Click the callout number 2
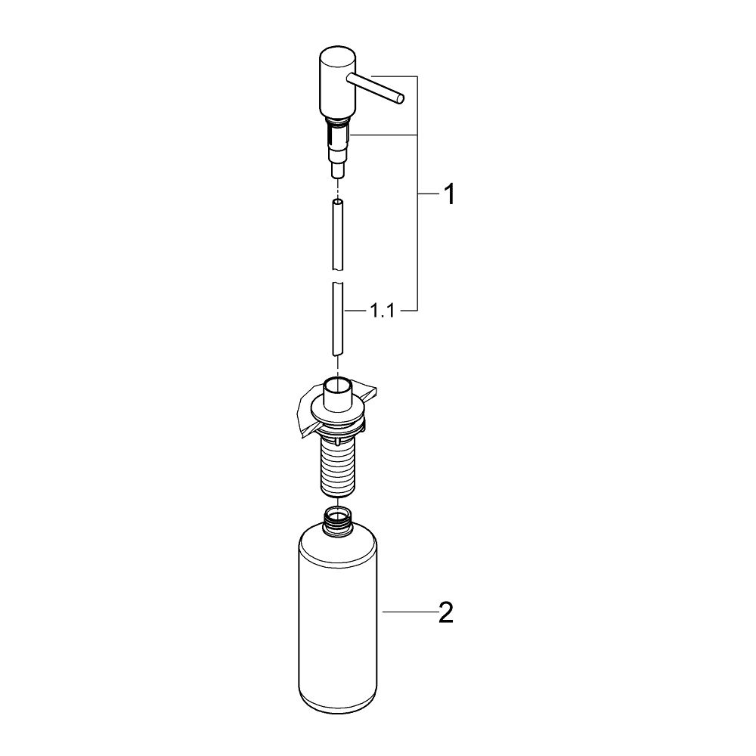click(x=446, y=613)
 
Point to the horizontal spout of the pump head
click(x=374, y=88)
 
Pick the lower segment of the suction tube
click(x=337, y=317)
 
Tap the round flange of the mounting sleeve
click(x=336, y=415)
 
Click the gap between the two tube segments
click(x=337, y=276)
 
